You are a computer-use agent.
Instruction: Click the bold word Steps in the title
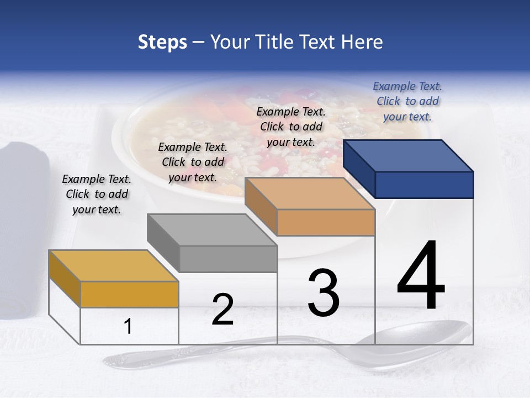[162, 42]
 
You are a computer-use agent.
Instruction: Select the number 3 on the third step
[324, 293]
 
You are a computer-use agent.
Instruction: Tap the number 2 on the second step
[222, 310]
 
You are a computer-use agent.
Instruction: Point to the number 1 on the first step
[128, 327]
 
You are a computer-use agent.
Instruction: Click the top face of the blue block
[409, 155]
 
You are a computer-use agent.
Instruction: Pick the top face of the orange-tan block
[310, 193]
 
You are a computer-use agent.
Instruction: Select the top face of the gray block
[212, 230]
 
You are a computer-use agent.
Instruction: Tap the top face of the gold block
[114, 266]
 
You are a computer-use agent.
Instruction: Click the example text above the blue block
[407, 101]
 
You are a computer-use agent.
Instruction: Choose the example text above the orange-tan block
[291, 127]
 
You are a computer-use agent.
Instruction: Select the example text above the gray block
[192, 162]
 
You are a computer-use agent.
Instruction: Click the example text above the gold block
[97, 194]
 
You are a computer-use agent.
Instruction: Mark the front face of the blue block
[424, 185]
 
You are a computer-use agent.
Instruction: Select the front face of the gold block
[129, 294]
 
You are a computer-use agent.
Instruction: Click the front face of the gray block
[228, 259]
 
